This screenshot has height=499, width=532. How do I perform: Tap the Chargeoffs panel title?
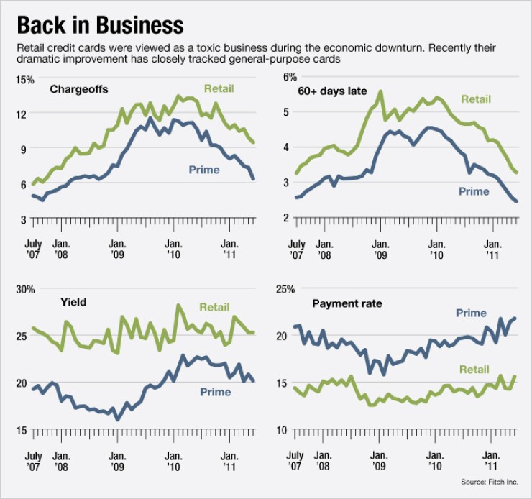click(x=78, y=90)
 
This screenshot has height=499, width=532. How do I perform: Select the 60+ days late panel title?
click(x=332, y=91)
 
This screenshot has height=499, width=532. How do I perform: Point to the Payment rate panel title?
click(x=347, y=303)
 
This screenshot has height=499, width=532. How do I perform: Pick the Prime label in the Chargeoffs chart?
click(x=204, y=170)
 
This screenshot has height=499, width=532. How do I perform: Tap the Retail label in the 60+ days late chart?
click(x=475, y=99)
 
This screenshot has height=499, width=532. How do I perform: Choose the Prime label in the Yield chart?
click(x=216, y=392)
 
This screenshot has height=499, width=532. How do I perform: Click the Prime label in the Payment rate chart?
click(x=471, y=313)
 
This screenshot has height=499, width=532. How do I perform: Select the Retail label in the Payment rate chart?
click(x=474, y=370)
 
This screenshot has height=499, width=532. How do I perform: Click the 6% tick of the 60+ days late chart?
click(x=290, y=77)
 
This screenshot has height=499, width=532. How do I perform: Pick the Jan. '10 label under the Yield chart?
click(x=173, y=461)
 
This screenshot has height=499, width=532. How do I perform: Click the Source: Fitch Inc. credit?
click(x=495, y=482)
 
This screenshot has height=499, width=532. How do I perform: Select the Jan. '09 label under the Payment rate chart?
click(x=379, y=461)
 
